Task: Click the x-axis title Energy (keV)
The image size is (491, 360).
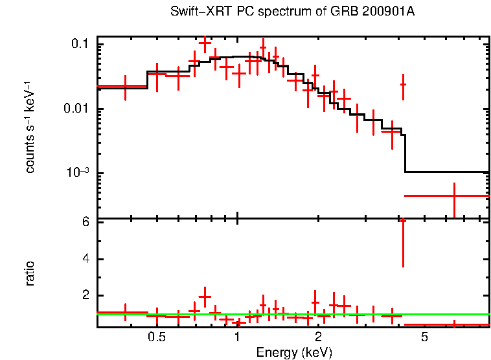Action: click(x=294, y=352)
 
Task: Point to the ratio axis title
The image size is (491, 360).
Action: click(x=30, y=273)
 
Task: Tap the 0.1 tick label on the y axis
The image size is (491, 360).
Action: click(x=80, y=44)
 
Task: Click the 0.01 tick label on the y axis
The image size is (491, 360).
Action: click(x=76, y=108)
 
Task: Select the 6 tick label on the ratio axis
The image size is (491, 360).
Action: click(x=85, y=222)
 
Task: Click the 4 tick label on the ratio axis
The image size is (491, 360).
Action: click(x=85, y=259)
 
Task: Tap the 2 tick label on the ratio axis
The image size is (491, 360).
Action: click(x=85, y=296)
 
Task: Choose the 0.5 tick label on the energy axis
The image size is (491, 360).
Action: click(x=157, y=337)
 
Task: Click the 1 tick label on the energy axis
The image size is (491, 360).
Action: click(x=238, y=337)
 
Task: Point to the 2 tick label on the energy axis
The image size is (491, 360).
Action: click(x=319, y=337)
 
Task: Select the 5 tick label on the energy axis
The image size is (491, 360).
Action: click(x=425, y=337)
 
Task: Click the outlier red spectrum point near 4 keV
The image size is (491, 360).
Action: click(x=403, y=85)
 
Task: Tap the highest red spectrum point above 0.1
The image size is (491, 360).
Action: click(x=205, y=43)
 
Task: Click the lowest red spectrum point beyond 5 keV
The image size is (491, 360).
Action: click(x=454, y=195)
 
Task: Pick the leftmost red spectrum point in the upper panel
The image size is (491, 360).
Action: click(x=125, y=85)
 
